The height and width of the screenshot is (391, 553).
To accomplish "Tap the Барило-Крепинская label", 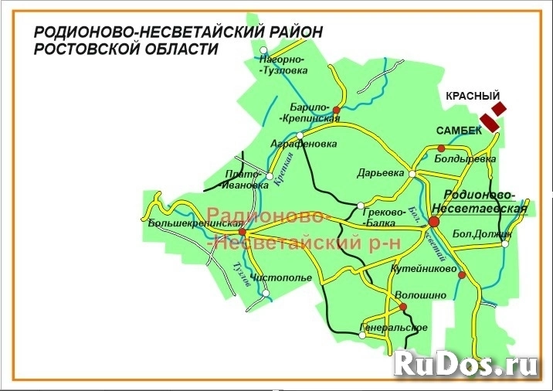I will (310, 112).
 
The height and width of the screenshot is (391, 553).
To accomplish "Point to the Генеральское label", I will (394, 328).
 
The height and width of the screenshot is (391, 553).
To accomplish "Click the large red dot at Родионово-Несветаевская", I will (434, 223).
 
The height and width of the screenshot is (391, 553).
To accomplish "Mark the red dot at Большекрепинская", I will (242, 231).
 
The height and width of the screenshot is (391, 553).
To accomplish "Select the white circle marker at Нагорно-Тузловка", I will (264, 49).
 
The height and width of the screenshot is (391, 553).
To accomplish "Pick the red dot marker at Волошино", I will (403, 307).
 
